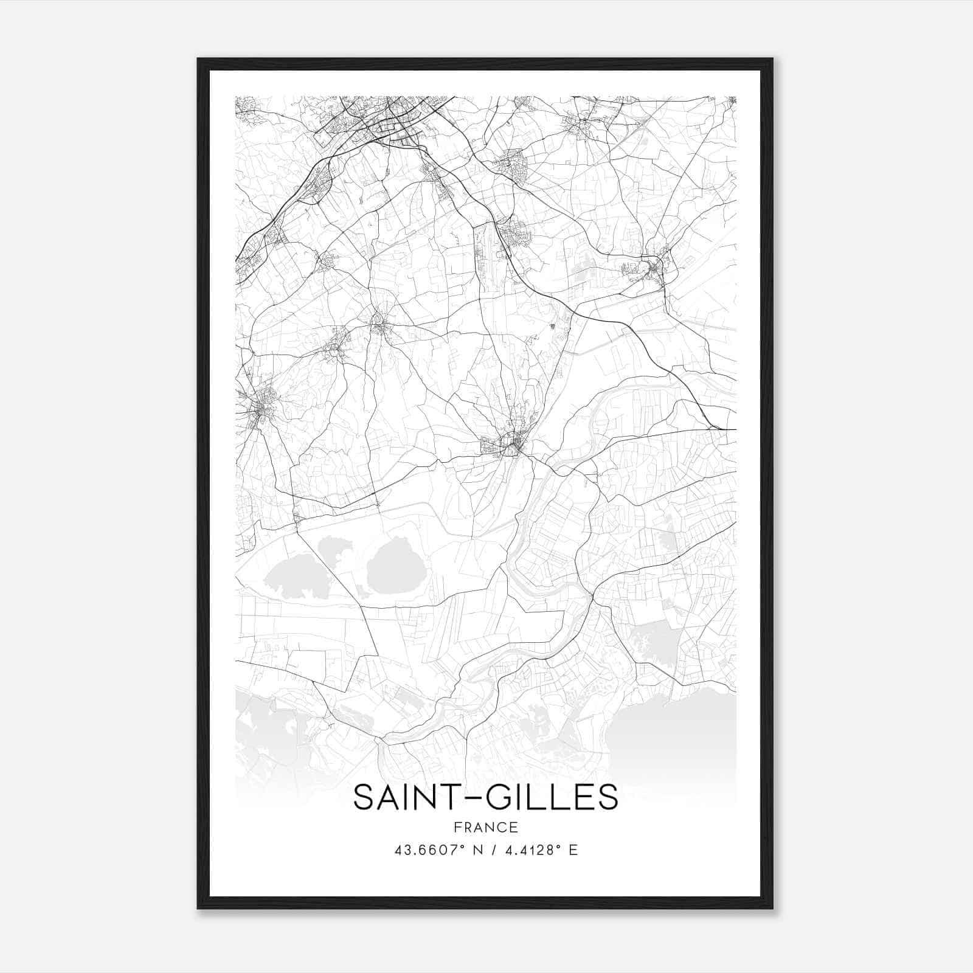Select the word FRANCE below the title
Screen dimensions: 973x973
click(485, 827)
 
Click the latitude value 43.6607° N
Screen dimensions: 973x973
click(437, 850)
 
